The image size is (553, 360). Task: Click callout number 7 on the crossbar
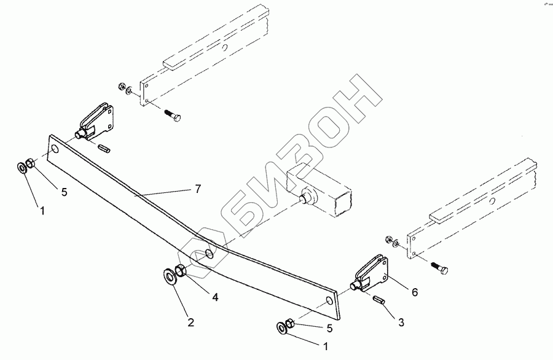198,189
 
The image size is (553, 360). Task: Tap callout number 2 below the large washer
190,322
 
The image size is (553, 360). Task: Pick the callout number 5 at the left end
63,192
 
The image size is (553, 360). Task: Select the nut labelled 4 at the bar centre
182,269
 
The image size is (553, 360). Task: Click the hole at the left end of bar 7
56,149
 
